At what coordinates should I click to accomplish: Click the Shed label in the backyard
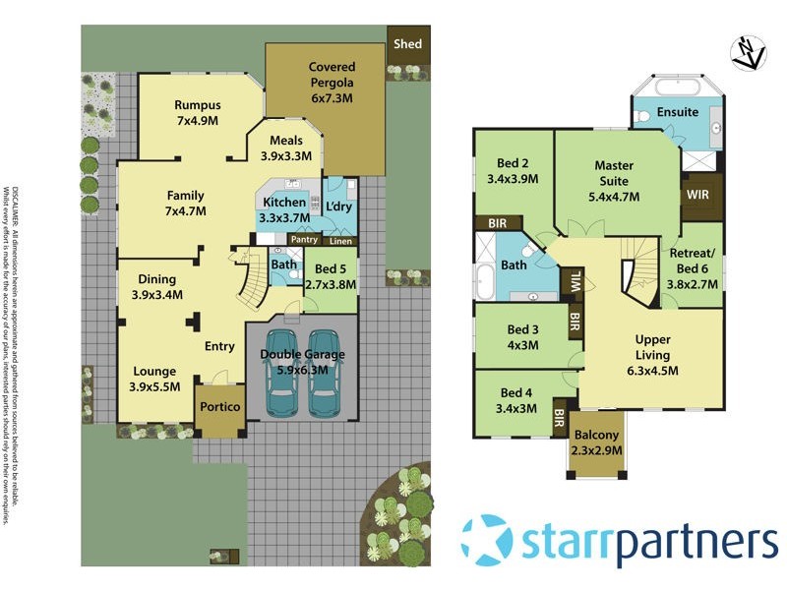tap(406, 44)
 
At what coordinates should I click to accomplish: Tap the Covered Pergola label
tap(331, 67)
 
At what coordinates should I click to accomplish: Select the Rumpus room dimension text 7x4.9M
tap(197, 120)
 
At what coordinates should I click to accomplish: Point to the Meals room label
tap(285, 141)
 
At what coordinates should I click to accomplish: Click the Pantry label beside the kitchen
tap(304, 239)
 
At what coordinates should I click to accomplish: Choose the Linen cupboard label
tap(339, 241)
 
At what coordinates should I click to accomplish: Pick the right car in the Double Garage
tap(325, 388)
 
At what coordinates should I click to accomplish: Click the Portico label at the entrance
tap(216, 406)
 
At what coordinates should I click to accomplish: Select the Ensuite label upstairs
tap(678, 112)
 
